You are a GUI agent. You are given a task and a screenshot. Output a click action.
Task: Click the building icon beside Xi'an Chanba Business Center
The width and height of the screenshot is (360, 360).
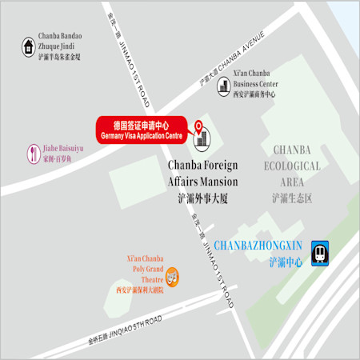click(x=222, y=83)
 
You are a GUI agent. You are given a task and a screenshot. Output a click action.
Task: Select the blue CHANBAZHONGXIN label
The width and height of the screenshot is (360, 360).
click(x=258, y=246)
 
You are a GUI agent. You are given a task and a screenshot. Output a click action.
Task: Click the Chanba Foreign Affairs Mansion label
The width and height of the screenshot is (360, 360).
click(x=202, y=174)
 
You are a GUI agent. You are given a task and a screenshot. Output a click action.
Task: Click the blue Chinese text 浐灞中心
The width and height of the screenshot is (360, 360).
click(x=286, y=262)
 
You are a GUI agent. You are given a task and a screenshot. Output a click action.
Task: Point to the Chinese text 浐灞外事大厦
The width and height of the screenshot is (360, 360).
click(x=202, y=198)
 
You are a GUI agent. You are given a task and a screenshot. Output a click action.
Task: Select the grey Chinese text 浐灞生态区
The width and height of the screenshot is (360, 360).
click(x=292, y=198)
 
